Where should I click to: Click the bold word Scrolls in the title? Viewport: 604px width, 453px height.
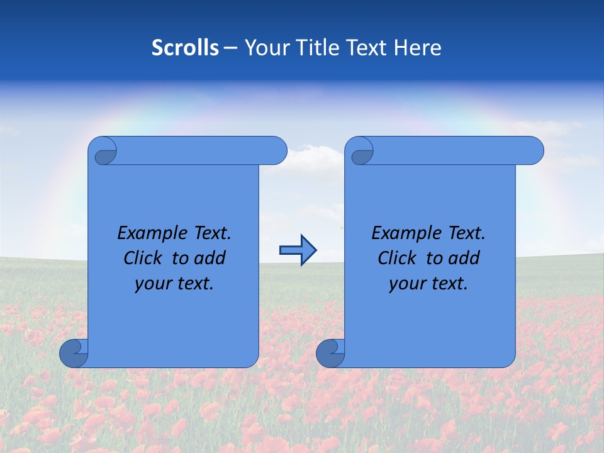point(186,48)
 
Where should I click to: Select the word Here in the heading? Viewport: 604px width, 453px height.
point(418,48)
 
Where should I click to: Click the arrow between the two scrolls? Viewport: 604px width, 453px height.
point(298,250)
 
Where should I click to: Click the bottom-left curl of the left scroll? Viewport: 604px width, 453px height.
point(73,354)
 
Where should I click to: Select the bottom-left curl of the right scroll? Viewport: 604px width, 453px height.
point(330,354)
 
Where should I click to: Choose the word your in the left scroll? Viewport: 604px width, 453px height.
point(153,284)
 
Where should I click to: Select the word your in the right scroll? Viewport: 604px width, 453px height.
point(407,284)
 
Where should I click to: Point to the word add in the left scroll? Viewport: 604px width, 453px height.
point(210,258)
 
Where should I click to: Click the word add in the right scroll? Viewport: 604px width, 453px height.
point(464,258)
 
